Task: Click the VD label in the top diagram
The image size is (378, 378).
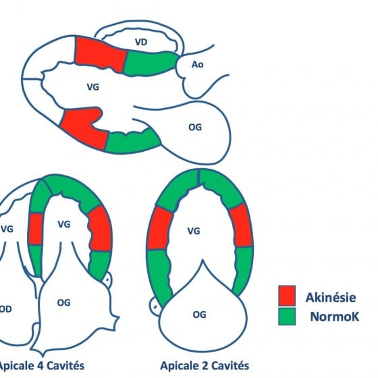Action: [141, 42]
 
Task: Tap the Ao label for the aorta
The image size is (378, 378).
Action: [197, 65]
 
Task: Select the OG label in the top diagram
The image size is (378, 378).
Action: [195, 128]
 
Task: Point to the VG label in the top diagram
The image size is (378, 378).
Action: [93, 87]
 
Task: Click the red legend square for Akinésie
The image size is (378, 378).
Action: [287, 296]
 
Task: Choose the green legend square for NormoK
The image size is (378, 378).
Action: [287, 317]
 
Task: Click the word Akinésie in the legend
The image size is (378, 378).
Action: [331, 298]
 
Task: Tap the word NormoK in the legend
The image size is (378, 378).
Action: [335, 317]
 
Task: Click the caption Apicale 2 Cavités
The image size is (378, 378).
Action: [205, 365]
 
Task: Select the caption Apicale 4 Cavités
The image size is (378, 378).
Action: [41, 365]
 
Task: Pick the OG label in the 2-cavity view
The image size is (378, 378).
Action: [199, 315]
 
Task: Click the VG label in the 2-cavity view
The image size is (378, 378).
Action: [194, 231]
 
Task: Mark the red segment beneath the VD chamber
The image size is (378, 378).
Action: [101, 54]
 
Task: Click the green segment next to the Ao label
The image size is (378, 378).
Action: [151, 63]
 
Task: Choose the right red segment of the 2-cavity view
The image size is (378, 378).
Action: [241, 225]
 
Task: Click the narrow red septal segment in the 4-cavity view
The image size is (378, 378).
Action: [35, 229]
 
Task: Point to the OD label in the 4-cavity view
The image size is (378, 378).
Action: [5, 309]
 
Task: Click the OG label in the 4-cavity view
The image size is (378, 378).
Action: [64, 302]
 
